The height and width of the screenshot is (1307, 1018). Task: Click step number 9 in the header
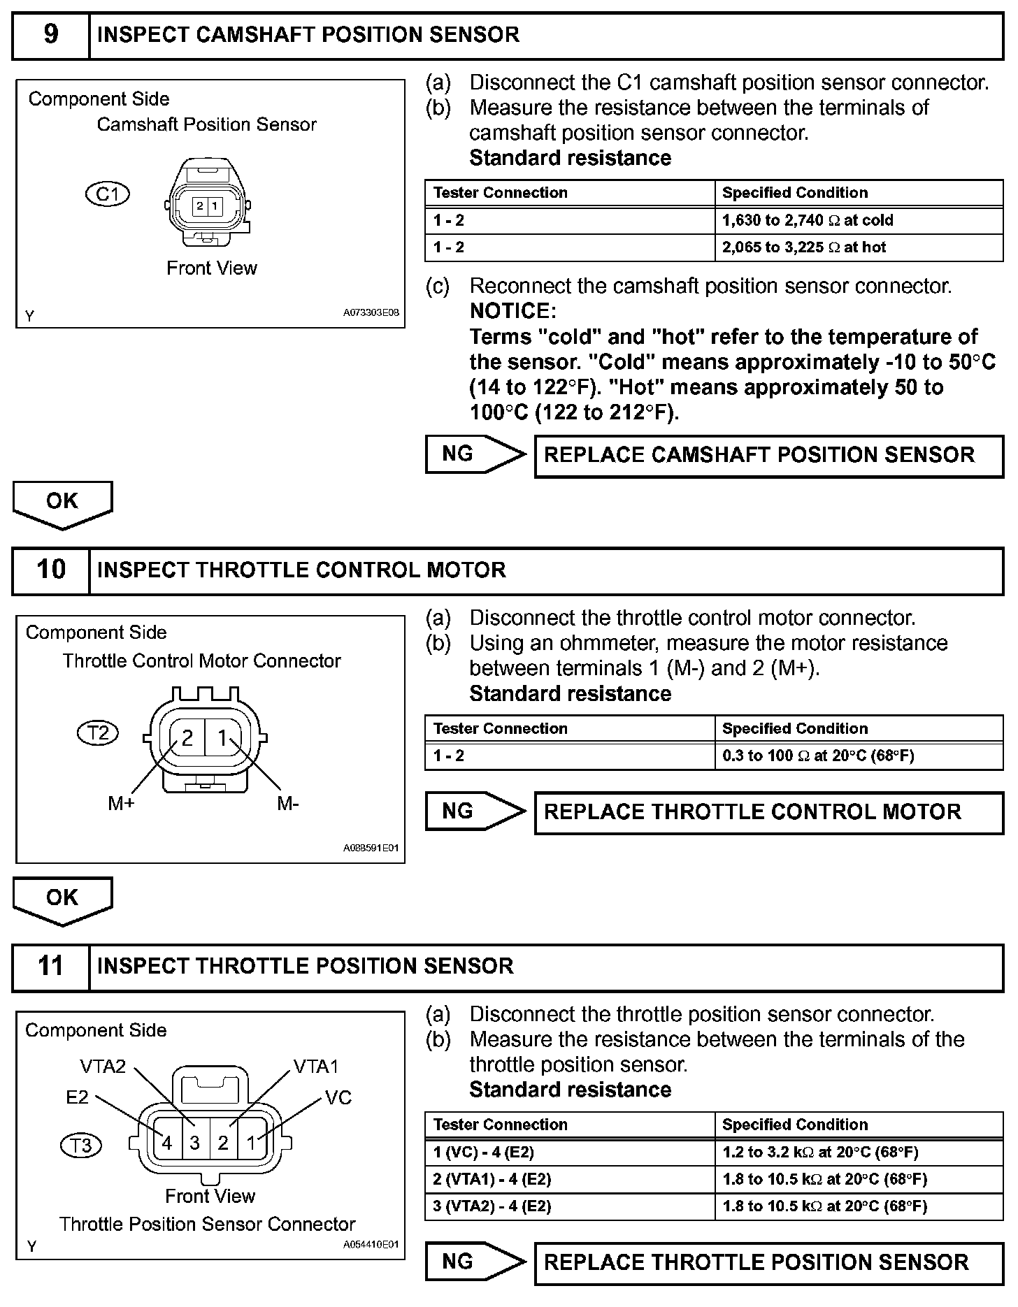(x=51, y=35)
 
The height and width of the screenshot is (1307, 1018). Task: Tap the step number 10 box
(x=51, y=570)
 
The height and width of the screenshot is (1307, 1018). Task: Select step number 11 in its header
(x=51, y=967)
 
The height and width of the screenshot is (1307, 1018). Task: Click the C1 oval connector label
(x=107, y=194)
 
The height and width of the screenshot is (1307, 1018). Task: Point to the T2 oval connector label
(x=98, y=732)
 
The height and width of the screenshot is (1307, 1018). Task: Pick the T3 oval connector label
(x=82, y=1146)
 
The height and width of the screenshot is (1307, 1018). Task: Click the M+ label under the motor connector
(x=121, y=804)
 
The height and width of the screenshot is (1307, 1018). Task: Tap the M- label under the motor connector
(x=287, y=804)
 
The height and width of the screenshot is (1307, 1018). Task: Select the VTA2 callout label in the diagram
(x=103, y=1067)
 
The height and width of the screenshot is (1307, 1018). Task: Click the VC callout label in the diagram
(x=338, y=1098)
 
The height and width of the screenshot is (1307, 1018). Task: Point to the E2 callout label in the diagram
(x=78, y=1097)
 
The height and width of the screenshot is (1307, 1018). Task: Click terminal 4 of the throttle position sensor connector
(x=166, y=1143)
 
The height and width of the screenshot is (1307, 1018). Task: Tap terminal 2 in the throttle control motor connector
(x=187, y=738)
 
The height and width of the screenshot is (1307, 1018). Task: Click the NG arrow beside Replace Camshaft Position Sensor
(x=474, y=454)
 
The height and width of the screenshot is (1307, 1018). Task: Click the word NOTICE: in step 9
(x=513, y=311)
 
